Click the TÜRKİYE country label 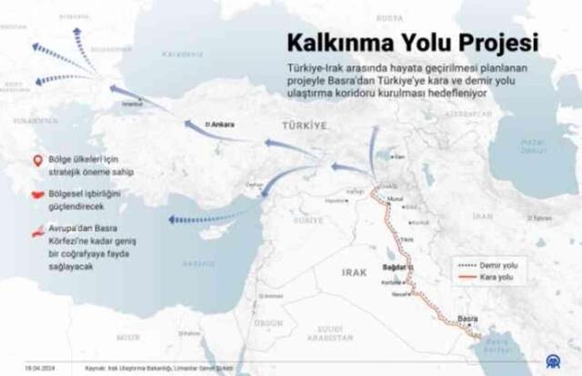tap(303, 129)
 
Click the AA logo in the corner tap(563, 362)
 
